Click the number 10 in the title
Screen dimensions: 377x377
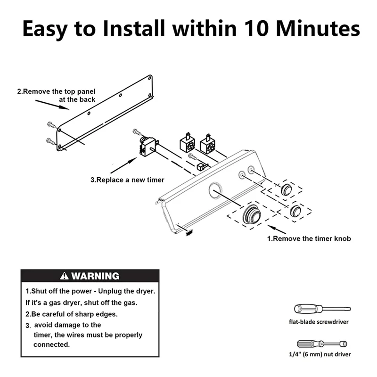258,29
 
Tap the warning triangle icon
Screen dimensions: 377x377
64,276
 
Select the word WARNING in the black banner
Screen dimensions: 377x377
95,276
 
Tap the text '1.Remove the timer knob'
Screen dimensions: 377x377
309,238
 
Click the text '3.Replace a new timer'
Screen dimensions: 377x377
127,180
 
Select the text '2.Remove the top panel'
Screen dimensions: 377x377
56,91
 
